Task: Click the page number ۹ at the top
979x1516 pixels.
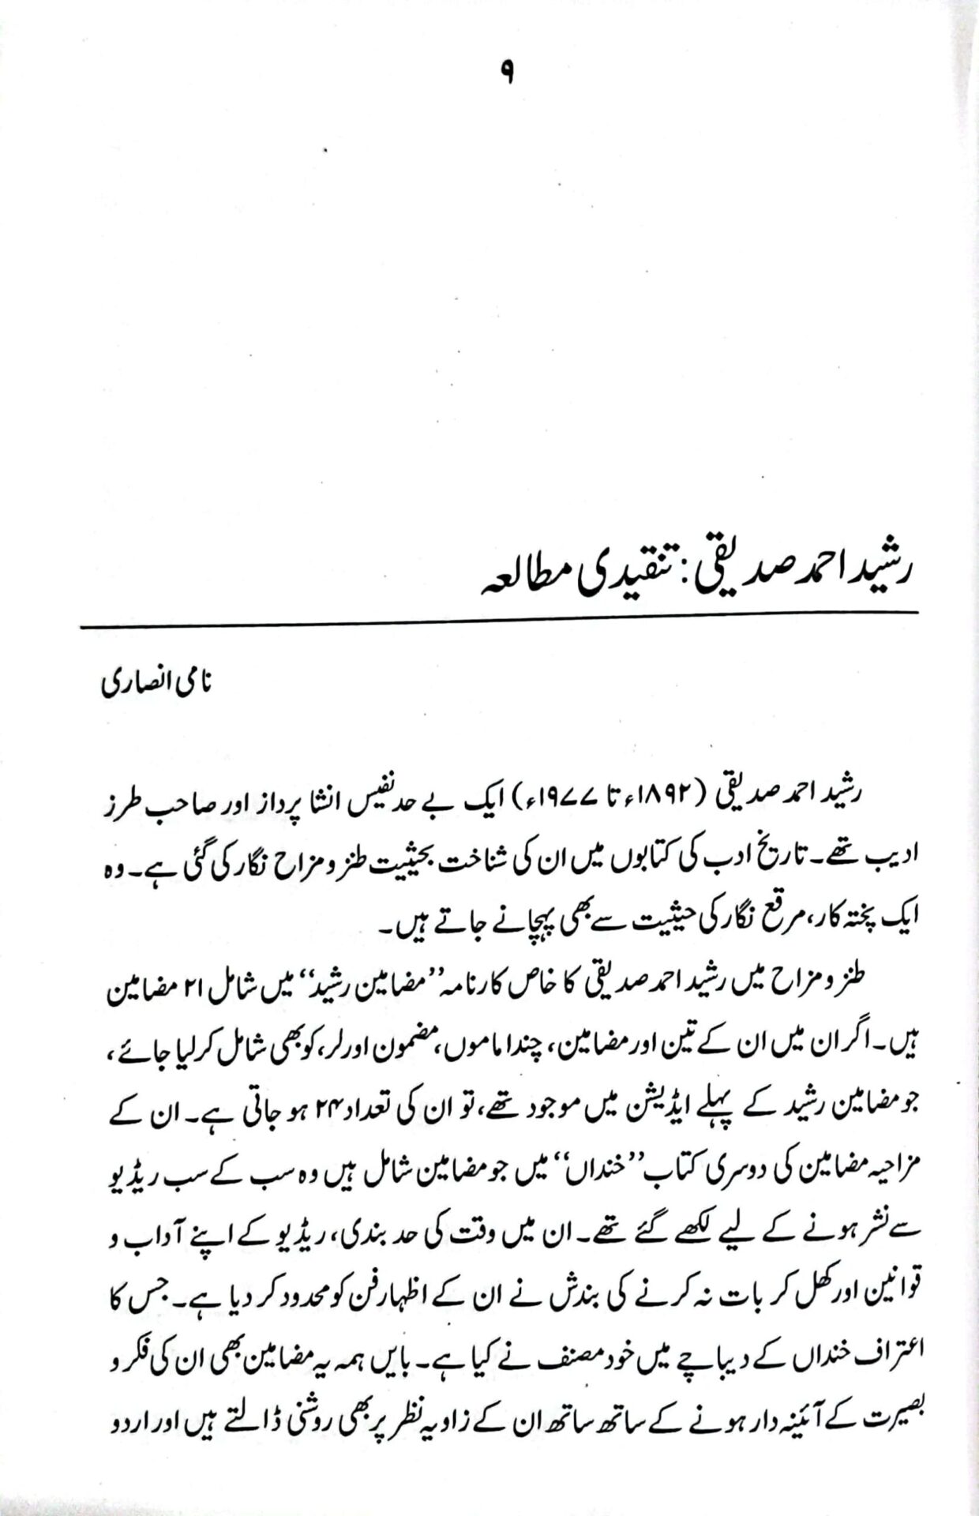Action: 507,76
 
